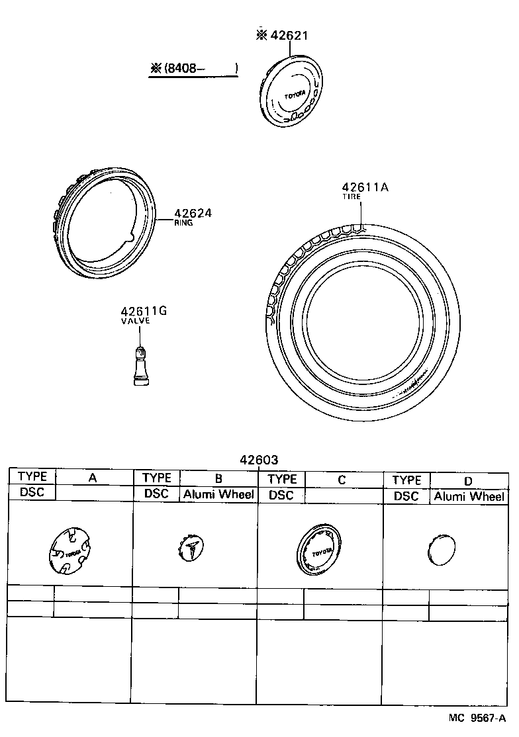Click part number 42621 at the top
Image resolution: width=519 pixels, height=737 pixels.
[x=288, y=36]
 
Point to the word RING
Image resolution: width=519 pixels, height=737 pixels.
[x=183, y=224]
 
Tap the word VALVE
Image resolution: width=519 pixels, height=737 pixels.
[x=135, y=321]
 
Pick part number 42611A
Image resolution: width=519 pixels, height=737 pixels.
[x=365, y=187]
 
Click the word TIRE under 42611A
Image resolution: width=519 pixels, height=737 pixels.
[x=351, y=197]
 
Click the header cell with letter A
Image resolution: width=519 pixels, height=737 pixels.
[x=93, y=478]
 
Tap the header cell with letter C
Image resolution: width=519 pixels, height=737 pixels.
[x=342, y=480]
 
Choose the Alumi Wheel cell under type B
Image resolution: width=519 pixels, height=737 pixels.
[x=218, y=494]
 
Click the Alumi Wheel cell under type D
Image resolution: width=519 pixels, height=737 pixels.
[x=469, y=497]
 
